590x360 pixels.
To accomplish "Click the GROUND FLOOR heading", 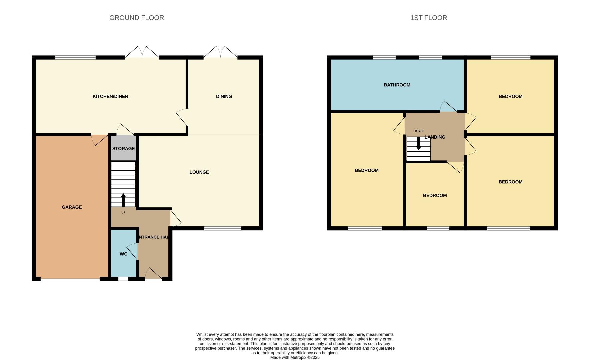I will pos(137,18).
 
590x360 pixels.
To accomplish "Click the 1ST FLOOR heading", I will pos(428,18).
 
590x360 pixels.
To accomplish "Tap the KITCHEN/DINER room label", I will pos(110,96).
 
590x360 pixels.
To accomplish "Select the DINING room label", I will pos(224,96).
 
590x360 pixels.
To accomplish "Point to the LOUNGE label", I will pos(199,172).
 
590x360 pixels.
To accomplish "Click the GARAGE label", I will pos(72,207).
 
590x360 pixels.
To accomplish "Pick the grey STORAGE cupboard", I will pos(123,148).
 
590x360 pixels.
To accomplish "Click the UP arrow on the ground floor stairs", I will pos(123,200).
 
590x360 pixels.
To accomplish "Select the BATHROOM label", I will pos(397,85).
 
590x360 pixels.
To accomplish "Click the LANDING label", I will pos(435,137).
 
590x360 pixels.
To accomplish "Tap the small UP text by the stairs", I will pos(123,212).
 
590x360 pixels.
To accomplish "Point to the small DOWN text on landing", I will pos(418,131).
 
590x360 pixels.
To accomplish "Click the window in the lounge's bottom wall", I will pos(223,228).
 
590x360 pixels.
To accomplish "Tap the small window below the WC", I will pos(123,279).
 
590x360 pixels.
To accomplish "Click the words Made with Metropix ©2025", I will pos(295,357).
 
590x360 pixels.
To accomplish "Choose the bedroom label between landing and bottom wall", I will pos(435,195).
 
